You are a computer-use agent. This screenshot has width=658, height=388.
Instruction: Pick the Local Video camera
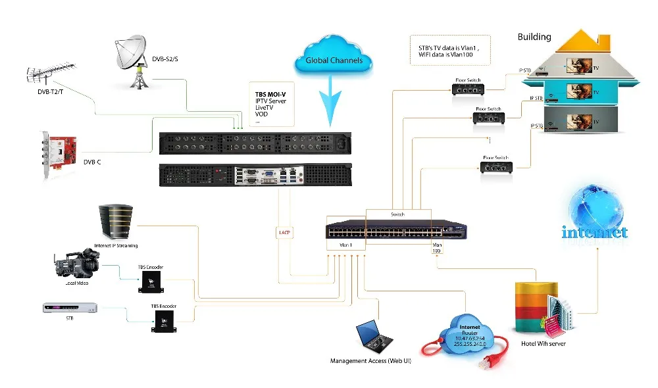[76, 263]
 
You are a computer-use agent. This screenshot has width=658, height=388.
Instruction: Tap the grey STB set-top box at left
[70, 308]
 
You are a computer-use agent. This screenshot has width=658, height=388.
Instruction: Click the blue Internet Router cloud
[470, 336]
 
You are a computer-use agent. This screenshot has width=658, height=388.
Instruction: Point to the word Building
[534, 37]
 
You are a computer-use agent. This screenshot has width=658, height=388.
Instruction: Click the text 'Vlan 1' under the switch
[346, 245]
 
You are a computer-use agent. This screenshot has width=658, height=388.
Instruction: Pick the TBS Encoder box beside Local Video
[151, 281]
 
